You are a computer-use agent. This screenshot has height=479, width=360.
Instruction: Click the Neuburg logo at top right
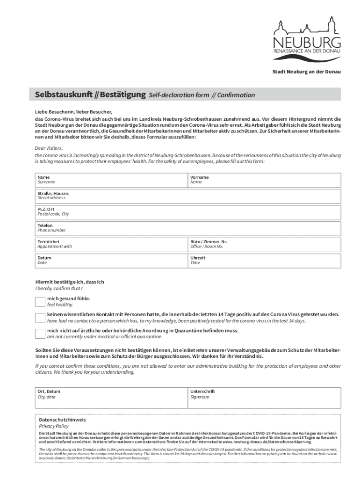click(307, 39)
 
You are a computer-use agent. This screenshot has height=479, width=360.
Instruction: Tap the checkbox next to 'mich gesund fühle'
click(41, 301)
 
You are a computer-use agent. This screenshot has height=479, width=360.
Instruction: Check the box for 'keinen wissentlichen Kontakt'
click(41, 318)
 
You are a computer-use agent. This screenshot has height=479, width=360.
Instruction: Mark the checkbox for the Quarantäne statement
click(41, 334)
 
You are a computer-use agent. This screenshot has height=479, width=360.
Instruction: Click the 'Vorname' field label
click(199, 177)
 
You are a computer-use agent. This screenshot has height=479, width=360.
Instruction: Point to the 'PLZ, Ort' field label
click(46, 209)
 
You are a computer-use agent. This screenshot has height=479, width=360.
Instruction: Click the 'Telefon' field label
click(45, 225)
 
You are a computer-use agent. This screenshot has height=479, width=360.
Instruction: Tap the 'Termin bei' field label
click(48, 241)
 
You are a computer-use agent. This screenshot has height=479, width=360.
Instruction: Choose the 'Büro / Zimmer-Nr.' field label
click(209, 241)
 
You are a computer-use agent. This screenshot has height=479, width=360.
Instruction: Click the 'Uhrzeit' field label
click(198, 258)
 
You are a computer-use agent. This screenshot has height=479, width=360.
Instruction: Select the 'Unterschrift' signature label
click(202, 391)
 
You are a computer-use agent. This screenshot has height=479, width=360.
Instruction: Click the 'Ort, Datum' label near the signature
click(49, 391)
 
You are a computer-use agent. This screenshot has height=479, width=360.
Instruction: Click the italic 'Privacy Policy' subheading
click(53, 426)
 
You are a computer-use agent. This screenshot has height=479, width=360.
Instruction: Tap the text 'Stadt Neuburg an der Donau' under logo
click(307, 72)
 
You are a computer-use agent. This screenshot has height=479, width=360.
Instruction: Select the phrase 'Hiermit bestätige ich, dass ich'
click(70, 282)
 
